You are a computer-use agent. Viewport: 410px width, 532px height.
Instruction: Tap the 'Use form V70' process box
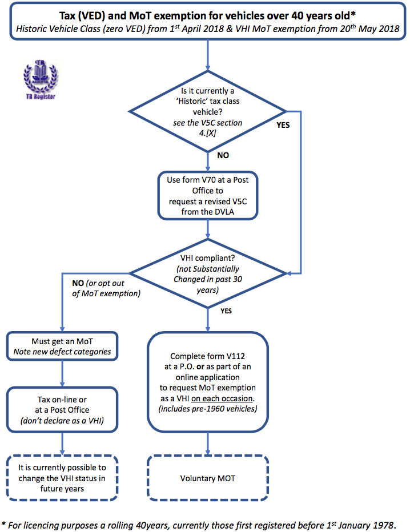pos(207,196)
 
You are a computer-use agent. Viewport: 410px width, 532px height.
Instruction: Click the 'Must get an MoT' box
pos(62,346)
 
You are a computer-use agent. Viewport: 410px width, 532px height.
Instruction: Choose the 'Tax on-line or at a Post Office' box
pos(62,410)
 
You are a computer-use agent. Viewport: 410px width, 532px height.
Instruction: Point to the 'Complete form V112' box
pos(207,382)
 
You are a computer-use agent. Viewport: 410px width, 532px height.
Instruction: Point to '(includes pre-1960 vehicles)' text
pos(207,409)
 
